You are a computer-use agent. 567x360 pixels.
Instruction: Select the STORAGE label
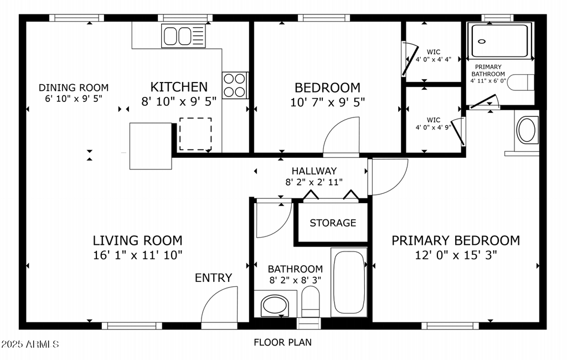(x=333, y=223)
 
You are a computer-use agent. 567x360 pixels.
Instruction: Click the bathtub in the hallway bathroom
(x=348, y=282)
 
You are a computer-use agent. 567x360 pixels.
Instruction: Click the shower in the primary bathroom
(x=499, y=40)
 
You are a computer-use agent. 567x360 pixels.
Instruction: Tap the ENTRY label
(x=213, y=278)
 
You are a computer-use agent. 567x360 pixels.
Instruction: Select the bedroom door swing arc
(x=341, y=138)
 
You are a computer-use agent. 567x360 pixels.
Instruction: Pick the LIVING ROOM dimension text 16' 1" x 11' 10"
(x=137, y=255)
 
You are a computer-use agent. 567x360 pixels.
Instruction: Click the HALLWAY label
(x=314, y=171)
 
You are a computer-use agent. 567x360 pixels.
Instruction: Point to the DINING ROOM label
(x=74, y=88)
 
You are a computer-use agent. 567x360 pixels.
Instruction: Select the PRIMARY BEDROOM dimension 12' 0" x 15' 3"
(x=456, y=255)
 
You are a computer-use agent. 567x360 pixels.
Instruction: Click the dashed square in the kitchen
(x=195, y=133)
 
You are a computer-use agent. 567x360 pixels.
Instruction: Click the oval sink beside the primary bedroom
(x=527, y=130)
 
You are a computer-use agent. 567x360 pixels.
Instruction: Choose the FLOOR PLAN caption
(x=282, y=342)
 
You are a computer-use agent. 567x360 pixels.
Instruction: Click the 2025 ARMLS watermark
(x=30, y=344)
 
